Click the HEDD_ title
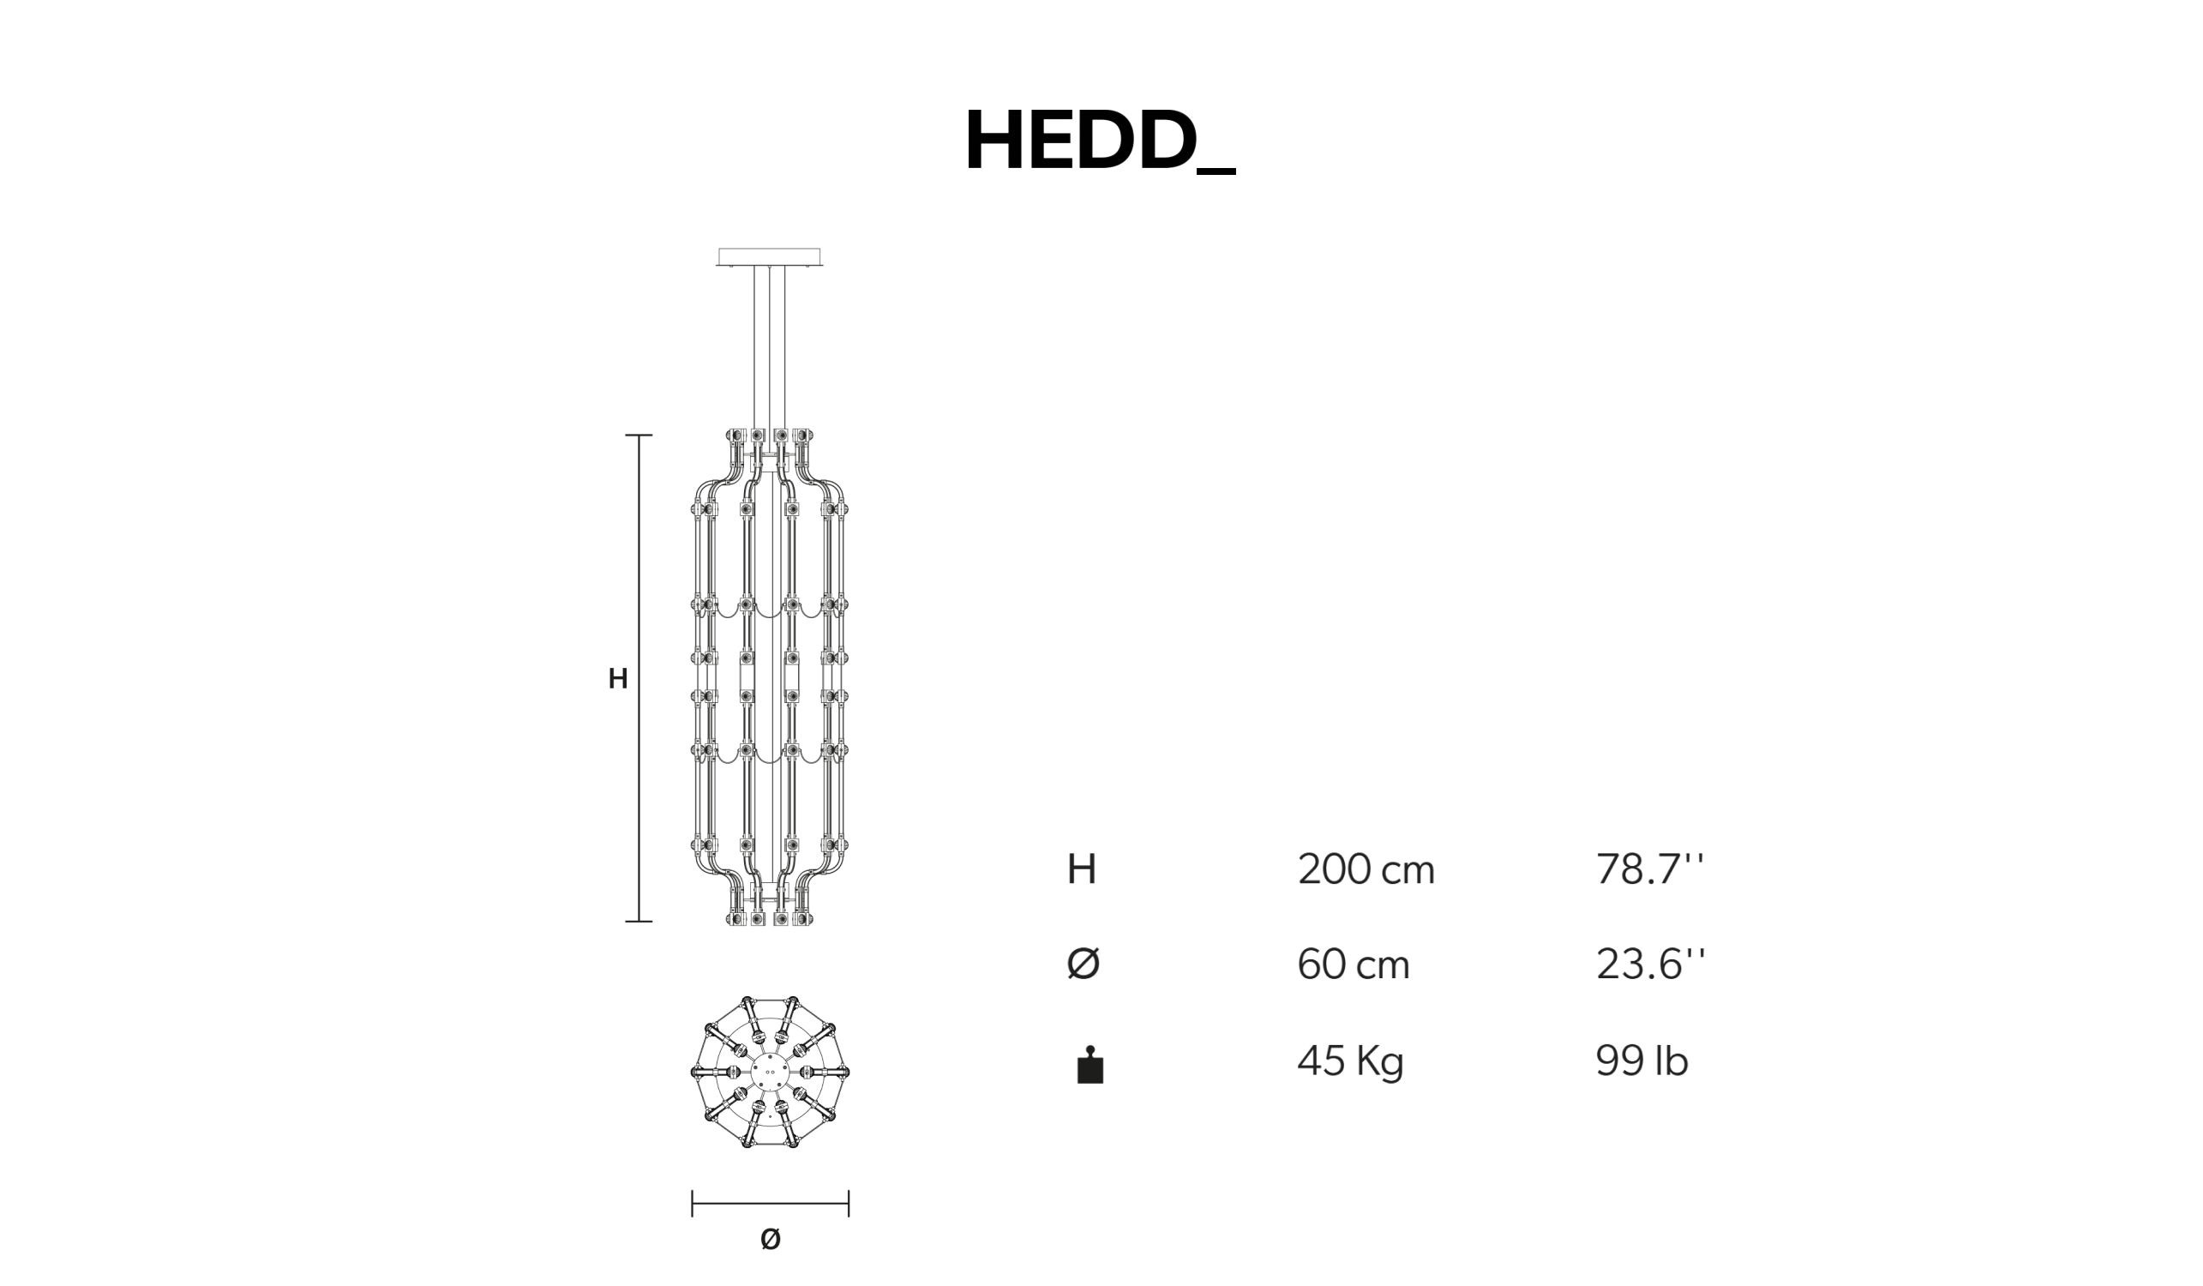click(1100, 141)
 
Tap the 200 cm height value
click(1366, 870)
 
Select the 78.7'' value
click(1649, 869)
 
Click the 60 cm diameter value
click(1354, 965)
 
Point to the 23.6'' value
click(1650, 964)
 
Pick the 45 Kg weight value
click(1351, 1062)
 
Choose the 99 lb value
click(1642, 1061)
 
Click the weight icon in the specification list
click(1090, 1065)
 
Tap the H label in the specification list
click(1082, 870)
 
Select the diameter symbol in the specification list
click(1083, 964)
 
